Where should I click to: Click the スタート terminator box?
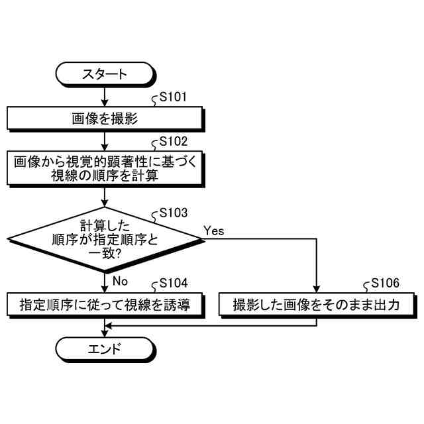tap(105, 74)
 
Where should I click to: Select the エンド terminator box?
tap(105, 349)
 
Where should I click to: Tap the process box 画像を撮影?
tap(105, 119)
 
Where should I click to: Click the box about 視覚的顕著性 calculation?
tap(105, 169)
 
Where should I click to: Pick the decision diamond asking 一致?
tap(105, 238)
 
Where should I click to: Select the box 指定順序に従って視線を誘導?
tap(105, 305)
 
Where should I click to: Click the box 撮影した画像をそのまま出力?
tap(317, 305)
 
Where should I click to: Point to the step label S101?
tap(174, 98)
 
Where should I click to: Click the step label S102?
tap(174, 141)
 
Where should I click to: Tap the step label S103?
tap(174, 213)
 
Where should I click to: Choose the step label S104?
tap(174, 283)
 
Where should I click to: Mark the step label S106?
tap(386, 283)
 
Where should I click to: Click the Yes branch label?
tap(213, 231)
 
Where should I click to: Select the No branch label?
tap(120, 281)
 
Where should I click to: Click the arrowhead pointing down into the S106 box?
tap(317, 289)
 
